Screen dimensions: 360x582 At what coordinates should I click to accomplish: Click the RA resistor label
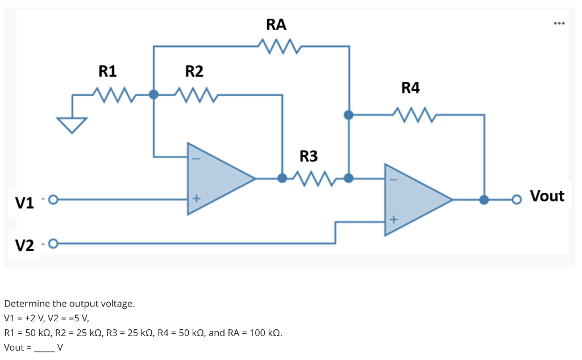(276, 24)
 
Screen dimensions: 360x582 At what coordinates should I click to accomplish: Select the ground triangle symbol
(72, 124)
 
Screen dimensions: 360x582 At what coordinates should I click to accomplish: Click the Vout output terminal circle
(516, 200)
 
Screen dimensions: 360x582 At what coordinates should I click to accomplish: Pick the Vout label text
(547, 196)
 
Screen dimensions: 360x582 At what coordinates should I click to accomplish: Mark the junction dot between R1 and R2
(153, 94)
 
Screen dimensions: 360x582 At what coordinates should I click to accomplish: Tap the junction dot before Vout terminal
(484, 200)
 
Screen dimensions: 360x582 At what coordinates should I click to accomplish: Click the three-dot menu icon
(559, 23)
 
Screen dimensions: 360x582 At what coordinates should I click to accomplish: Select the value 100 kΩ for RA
(265, 333)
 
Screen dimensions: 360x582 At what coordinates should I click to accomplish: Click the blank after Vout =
(44, 347)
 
